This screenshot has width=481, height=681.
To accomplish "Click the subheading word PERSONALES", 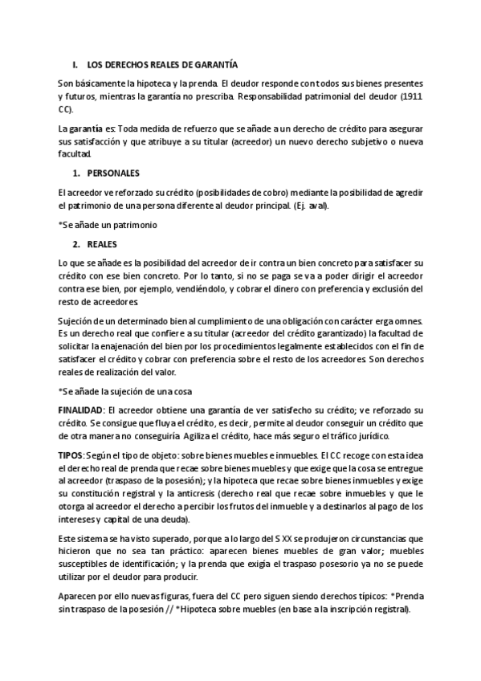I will click(113, 173).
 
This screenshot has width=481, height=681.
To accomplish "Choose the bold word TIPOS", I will click(71, 456).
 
